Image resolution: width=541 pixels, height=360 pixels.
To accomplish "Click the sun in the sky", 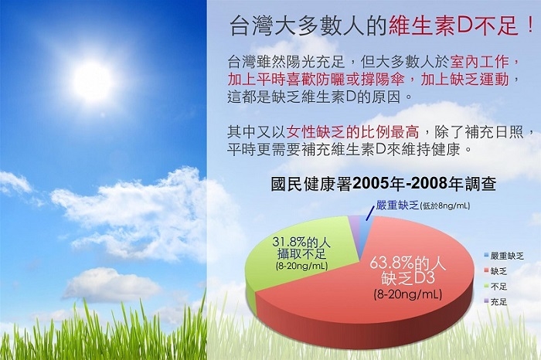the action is tap(93, 80).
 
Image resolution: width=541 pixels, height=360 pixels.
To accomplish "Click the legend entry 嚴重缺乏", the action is tap(504, 256).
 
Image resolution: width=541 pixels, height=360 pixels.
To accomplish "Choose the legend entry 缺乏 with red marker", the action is tap(495, 271).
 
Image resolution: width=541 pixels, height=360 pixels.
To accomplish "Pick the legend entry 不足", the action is tap(495, 287).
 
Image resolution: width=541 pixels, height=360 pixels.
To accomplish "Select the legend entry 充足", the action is tap(495, 302).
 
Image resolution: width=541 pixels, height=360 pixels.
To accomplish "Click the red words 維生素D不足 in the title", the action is tap(452, 26).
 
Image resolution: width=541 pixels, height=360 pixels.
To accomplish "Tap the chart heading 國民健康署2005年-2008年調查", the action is tap(383, 184).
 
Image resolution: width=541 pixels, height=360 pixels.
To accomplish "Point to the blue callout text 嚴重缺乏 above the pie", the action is tap(397, 205).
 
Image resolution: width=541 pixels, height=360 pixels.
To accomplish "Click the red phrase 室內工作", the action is tap(480, 62).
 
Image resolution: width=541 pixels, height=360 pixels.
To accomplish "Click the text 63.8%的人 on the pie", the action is tap(407, 263).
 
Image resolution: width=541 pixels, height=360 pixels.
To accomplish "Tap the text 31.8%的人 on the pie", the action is tap(301, 242).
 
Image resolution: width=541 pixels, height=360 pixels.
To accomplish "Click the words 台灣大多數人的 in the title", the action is tap(308, 26).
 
